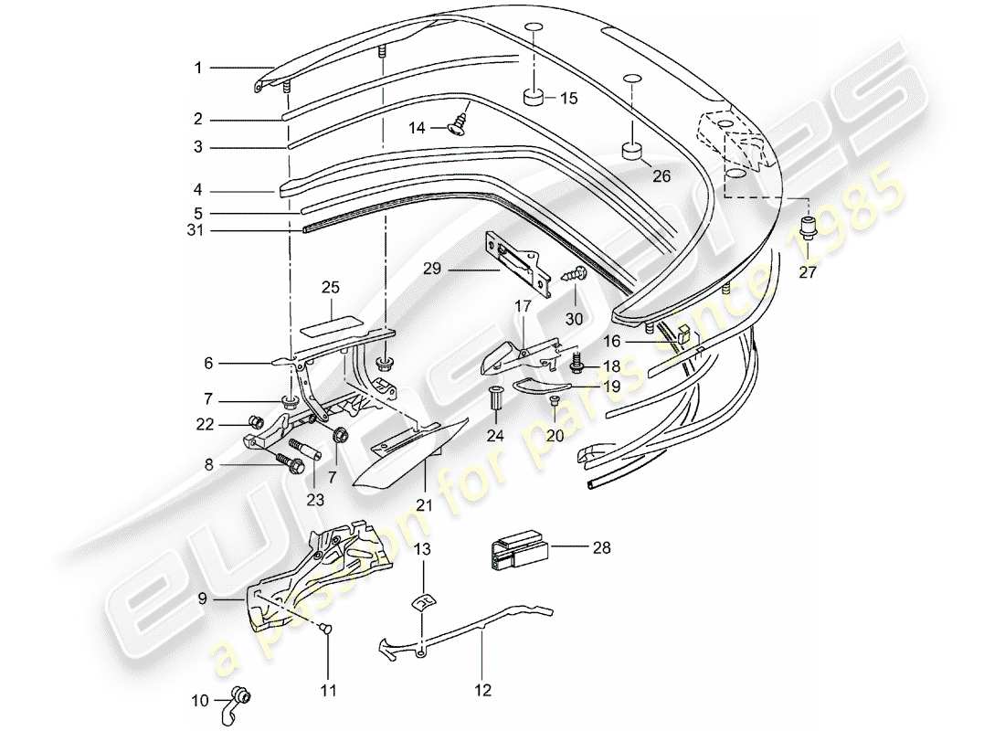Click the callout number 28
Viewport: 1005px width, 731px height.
[601, 548]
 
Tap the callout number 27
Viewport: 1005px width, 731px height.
[807, 271]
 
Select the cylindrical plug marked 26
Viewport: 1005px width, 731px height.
[630, 150]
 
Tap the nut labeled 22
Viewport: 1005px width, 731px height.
[258, 422]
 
